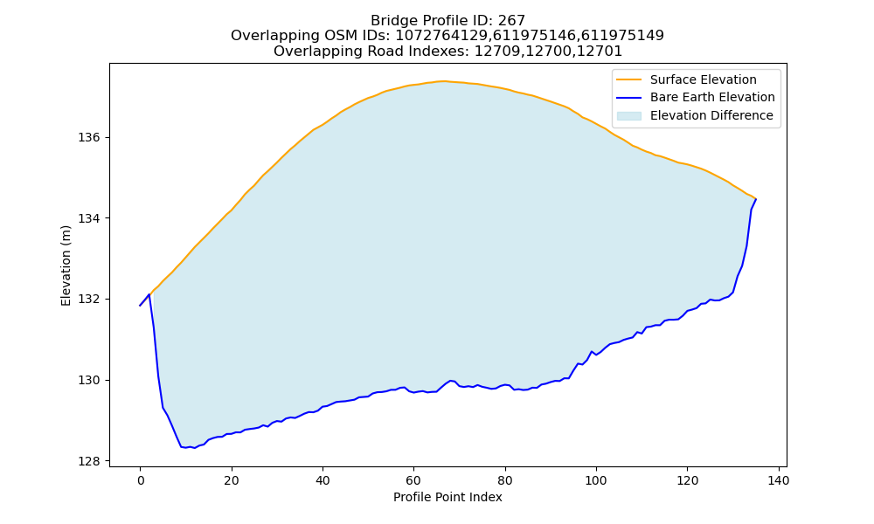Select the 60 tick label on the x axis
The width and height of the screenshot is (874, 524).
413,480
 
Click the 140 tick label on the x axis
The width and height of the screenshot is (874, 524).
778,480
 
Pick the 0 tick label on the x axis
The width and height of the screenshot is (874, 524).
141,480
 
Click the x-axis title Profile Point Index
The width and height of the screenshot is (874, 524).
447,497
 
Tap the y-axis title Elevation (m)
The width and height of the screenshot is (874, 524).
66,265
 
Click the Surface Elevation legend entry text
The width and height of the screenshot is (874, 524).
703,79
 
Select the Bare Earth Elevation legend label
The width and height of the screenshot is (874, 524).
712,98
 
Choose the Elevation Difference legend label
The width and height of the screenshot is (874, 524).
711,115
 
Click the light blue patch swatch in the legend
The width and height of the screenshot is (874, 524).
628,116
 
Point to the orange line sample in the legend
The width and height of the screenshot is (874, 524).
628,79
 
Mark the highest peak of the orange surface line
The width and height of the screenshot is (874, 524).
442,81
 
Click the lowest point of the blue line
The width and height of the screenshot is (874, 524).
195,448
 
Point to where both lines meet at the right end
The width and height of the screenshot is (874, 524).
756,199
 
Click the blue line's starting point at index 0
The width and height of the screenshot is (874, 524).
140,306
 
